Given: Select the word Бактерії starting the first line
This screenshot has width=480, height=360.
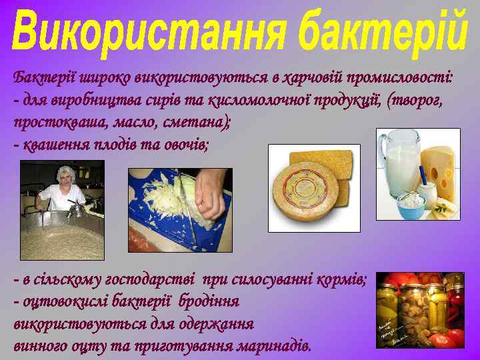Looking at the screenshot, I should coord(43,77).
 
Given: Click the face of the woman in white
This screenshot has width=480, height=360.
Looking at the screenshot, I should coord(66,178).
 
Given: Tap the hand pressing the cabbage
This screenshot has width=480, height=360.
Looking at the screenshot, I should coord(211,193).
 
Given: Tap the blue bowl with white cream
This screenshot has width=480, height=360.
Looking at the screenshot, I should coord(411,203).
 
